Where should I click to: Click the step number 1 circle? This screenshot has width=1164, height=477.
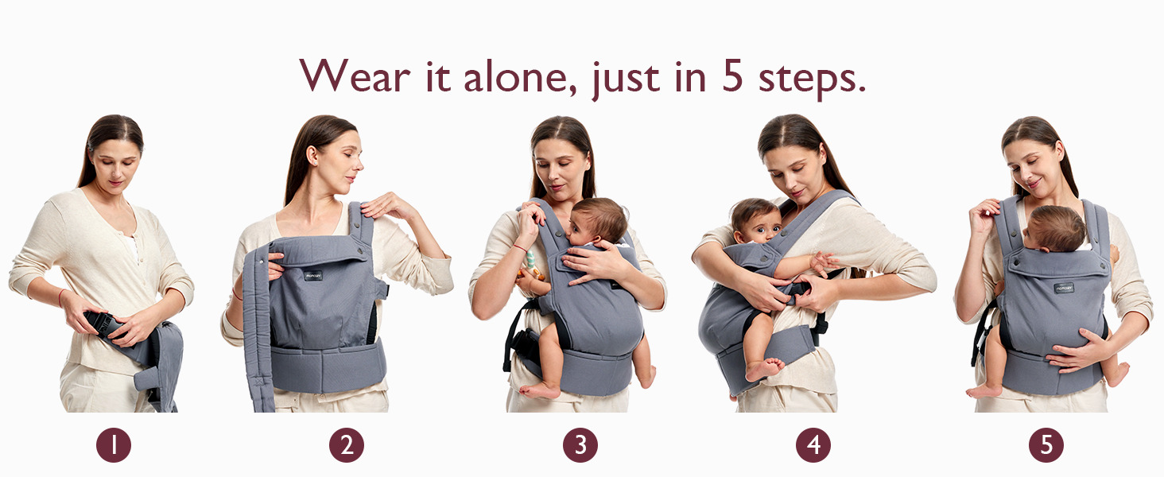click(113, 444)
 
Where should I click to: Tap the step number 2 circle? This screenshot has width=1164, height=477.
click(347, 444)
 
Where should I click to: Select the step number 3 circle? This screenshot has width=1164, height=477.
click(580, 444)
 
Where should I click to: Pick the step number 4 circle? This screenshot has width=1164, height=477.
click(813, 444)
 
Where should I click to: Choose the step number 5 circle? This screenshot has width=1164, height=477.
click(1046, 444)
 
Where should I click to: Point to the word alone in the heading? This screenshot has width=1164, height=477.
click(520, 77)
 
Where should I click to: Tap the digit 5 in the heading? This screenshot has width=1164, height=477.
click(732, 77)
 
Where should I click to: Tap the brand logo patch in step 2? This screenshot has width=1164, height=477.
click(312, 275)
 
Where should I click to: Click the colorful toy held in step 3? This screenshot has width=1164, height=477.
click(530, 265)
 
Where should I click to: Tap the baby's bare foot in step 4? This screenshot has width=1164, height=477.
click(764, 368)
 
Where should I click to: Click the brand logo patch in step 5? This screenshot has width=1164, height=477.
click(1064, 288)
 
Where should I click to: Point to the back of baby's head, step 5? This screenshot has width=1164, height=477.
click(1056, 229)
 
